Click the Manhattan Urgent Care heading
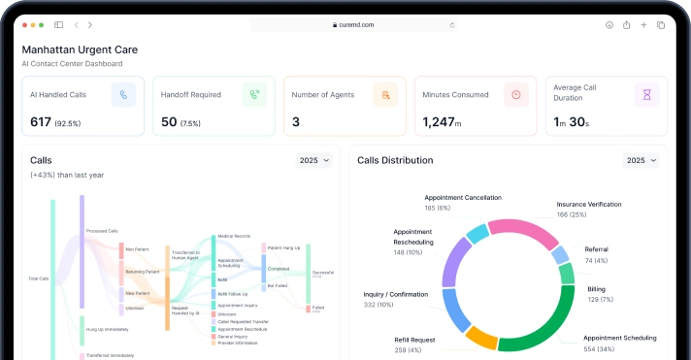(80, 49)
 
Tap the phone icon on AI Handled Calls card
(123, 94)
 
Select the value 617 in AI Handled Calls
(40, 122)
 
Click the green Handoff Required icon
(254, 94)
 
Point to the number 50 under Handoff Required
(169, 122)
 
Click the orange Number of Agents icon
(386, 94)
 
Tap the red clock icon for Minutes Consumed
(516, 94)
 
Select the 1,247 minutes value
(438, 122)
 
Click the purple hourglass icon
(646, 94)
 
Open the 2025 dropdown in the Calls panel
(314, 160)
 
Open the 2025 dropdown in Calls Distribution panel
(642, 160)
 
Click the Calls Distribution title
(395, 160)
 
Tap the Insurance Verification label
(588, 204)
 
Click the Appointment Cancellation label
(463, 197)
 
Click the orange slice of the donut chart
(481, 336)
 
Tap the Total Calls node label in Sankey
(39, 278)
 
